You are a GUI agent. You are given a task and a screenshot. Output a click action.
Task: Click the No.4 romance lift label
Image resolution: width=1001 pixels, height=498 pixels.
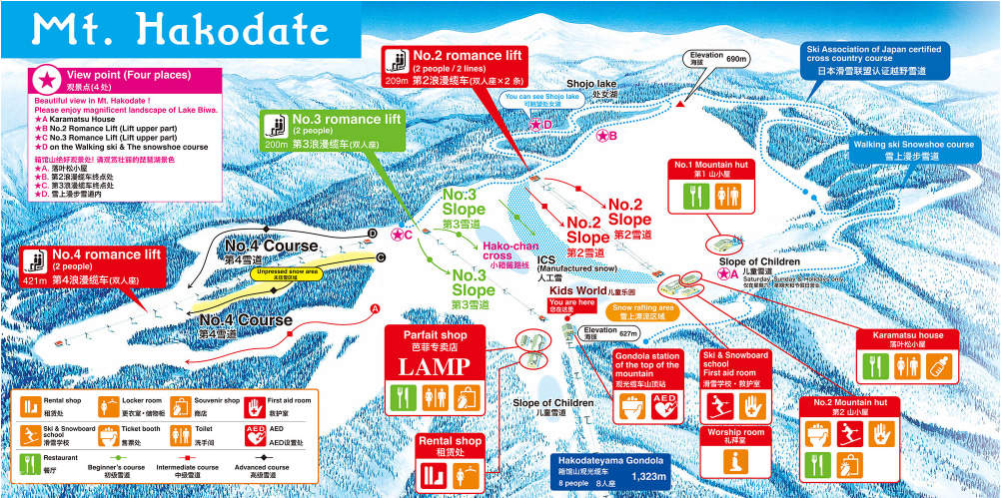(107, 254)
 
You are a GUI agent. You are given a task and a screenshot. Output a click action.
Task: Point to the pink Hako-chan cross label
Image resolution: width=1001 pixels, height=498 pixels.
(511, 249)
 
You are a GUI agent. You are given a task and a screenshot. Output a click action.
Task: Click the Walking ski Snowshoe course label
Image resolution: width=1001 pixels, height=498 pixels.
(912, 150)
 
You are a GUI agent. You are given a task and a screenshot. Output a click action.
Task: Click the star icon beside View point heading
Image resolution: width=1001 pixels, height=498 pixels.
(47, 77)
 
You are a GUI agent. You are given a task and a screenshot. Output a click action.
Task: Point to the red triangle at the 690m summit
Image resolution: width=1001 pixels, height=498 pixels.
(680, 103)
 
